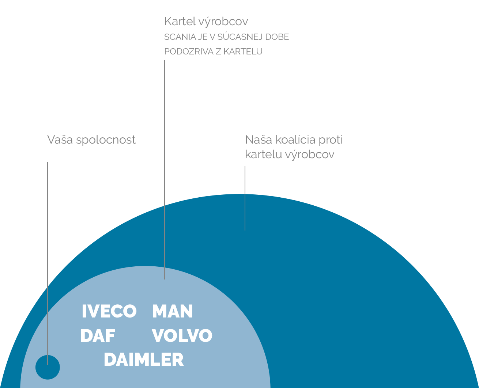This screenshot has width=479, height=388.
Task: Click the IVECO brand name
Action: (109, 311)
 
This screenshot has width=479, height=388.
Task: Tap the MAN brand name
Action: (173, 311)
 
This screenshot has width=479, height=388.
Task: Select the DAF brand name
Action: (98, 336)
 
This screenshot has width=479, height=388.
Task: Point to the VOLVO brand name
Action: (182, 336)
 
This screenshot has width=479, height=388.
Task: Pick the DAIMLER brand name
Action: (144, 360)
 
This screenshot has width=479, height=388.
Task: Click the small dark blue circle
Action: (48, 367)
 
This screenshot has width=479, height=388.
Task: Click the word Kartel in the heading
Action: (180, 21)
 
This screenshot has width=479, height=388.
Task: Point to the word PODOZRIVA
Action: (189, 52)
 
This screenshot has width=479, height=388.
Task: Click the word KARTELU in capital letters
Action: (243, 52)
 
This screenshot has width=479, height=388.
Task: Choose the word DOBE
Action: (277, 37)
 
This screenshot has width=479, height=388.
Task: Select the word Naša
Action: (259, 140)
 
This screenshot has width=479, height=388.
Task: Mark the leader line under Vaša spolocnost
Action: (48, 263)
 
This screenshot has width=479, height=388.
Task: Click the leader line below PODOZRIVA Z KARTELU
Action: (165, 170)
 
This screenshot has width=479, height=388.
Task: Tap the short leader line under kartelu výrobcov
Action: (245, 198)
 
